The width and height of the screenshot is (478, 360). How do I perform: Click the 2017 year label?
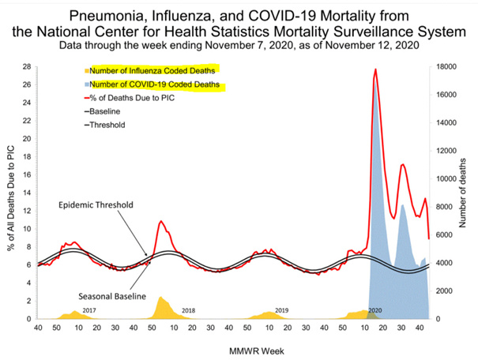88,309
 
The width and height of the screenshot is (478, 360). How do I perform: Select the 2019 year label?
280,309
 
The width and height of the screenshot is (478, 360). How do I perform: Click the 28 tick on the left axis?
27,66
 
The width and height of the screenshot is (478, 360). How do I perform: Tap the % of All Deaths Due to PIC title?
11,192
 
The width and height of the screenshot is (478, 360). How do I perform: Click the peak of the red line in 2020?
375,69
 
